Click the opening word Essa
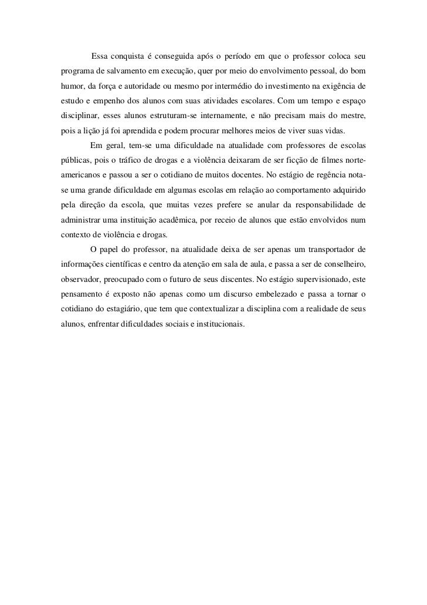pyautogui.click(x=100, y=56)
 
